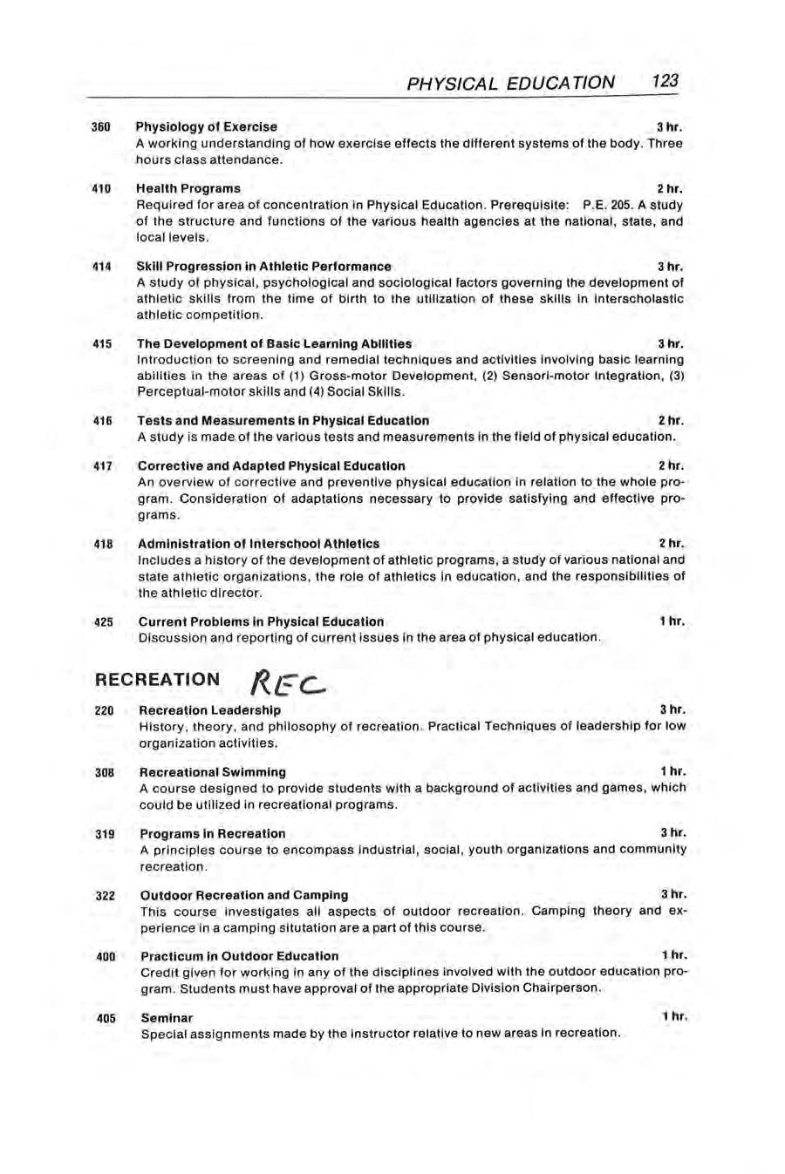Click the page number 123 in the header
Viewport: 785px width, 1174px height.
[x=664, y=82]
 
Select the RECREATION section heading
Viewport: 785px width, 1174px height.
[x=157, y=679]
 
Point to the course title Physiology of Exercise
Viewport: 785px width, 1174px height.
[x=207, y=127]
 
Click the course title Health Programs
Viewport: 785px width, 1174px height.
[x=188, y=188]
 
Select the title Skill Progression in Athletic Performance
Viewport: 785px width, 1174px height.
[x=264, y=267]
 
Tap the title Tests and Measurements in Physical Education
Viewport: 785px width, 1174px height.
[x=283, y=420]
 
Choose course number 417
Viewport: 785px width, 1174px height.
[x=103, y=466]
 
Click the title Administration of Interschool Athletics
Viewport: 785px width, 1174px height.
[x=259, y=544]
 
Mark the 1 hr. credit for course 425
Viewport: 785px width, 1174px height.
[x=672, y=621]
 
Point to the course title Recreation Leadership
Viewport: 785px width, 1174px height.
[x=210, y=710]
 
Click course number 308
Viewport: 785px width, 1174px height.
[x=105, y=772]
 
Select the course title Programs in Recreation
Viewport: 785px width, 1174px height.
[x=213, y=833]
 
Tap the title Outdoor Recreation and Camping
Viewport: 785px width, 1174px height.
[x=244, y=895]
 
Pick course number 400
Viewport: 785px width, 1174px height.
[x=106, y=956]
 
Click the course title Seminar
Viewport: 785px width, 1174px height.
[x=167, y=1018]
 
